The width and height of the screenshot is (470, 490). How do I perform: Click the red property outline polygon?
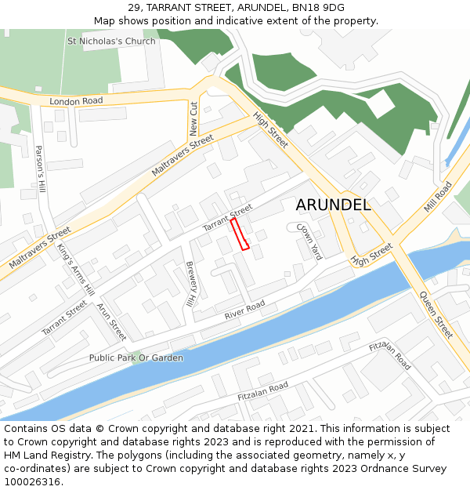tap(240, 234)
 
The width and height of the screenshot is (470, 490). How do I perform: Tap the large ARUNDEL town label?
tap(333, 205)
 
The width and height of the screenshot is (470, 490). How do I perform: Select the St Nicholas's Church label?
tap(111, 41)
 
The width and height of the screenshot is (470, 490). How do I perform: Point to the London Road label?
tap(76, 101)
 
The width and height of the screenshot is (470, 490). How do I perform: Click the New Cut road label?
tap(193, 118)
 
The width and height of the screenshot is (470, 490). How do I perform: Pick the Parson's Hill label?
tap(42, 171)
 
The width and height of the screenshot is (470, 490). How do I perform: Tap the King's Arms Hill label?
tap(75, 269)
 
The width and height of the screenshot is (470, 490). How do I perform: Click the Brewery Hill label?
tap(190, 284)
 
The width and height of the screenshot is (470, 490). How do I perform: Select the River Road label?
tap(244, 309)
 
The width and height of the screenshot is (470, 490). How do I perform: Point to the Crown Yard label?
tap(309, 241)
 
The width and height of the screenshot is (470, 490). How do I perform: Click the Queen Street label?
tap(436, 314)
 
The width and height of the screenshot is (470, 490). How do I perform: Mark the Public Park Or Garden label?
tap(136, 358)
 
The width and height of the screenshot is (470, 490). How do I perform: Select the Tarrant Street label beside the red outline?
tap(228, 218)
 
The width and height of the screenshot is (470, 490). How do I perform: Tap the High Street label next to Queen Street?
tap(371, 254)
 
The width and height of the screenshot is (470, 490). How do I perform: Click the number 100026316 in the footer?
tap(31, 481)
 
